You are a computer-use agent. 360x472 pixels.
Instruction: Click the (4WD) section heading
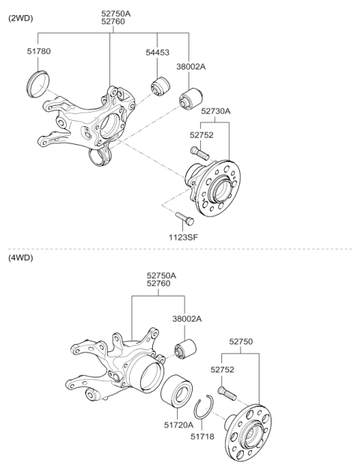21,257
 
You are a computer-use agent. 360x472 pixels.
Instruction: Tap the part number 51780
38,52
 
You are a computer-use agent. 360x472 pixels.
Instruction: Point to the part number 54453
157,52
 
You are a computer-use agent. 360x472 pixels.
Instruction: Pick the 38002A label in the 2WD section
191,66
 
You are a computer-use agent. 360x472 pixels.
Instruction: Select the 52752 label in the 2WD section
201,135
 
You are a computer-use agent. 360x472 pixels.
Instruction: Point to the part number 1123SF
183,236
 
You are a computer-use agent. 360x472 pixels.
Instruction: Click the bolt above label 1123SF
184,218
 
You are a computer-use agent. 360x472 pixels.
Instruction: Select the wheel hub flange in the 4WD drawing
250,428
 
